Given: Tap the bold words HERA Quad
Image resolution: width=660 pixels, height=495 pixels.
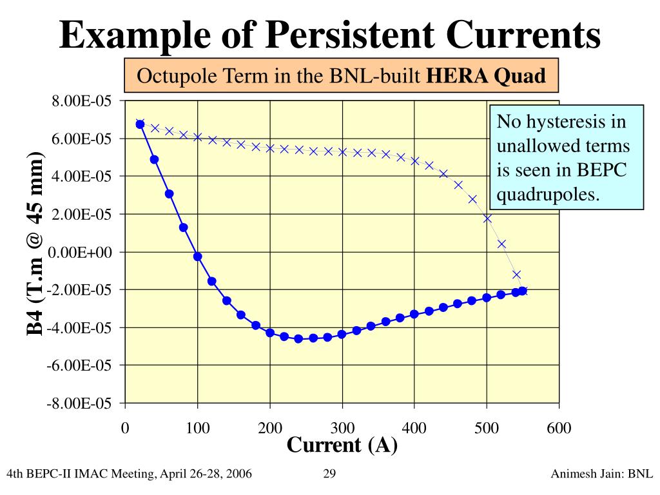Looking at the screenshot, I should (487, 76).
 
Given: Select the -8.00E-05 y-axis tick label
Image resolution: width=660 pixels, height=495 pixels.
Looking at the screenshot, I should (80, 403).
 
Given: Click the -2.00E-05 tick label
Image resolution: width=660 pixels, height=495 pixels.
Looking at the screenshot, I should (80, 290).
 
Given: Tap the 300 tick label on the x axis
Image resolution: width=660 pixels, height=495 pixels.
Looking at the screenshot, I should (342, 428).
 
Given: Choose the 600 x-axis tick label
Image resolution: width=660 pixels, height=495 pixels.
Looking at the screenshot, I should (559, 428).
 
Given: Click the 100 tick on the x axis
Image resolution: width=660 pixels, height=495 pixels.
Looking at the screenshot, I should (197, 428).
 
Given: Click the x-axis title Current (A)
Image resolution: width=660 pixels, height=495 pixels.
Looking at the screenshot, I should (342, 445).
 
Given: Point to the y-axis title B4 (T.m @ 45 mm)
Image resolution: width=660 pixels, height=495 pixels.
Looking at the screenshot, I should (35, 244).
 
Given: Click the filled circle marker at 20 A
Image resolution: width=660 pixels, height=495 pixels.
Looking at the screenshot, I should (140, 124).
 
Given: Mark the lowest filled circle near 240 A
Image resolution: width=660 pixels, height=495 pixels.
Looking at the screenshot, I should (298, 338).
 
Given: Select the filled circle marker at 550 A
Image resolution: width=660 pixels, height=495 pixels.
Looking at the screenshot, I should (523, 291).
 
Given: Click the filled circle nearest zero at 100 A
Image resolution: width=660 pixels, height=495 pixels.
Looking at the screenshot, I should (197, 257).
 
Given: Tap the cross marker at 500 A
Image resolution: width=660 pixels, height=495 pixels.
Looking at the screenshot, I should (487, 218).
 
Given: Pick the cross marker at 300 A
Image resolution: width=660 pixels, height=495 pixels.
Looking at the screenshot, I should (342, 152).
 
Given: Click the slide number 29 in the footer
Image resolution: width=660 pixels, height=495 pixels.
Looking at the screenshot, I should (329, 475).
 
